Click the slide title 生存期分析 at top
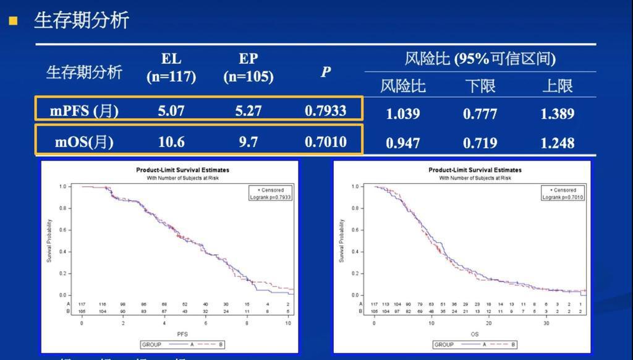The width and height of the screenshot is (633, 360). click(81, 20)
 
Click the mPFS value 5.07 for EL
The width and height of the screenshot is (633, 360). click(171, 111)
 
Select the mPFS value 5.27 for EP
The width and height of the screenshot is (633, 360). click(249, 111)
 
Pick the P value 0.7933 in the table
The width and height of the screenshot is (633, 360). click(326, 111)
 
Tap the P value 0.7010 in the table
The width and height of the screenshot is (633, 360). click(326, 142)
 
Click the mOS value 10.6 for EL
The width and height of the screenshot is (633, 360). click(171, 142)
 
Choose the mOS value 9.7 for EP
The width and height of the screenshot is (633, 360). click(249, 142)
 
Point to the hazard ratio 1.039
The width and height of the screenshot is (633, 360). click(402, 114)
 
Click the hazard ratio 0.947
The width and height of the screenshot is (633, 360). click(402, 143)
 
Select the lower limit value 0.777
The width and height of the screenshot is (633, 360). click(480, 114)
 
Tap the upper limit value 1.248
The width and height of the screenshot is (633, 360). click(557, 143)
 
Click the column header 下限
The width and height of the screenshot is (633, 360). click(480, 86)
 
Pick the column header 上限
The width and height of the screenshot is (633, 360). click(557, 86)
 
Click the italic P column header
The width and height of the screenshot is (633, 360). click(326, 72)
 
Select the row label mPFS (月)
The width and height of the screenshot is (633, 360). click(84, 111)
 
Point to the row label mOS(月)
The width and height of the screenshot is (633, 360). click(84, 142)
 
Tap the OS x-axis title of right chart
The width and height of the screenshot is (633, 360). click(475, 334)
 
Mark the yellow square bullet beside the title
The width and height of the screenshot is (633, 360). click(13, 21)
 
